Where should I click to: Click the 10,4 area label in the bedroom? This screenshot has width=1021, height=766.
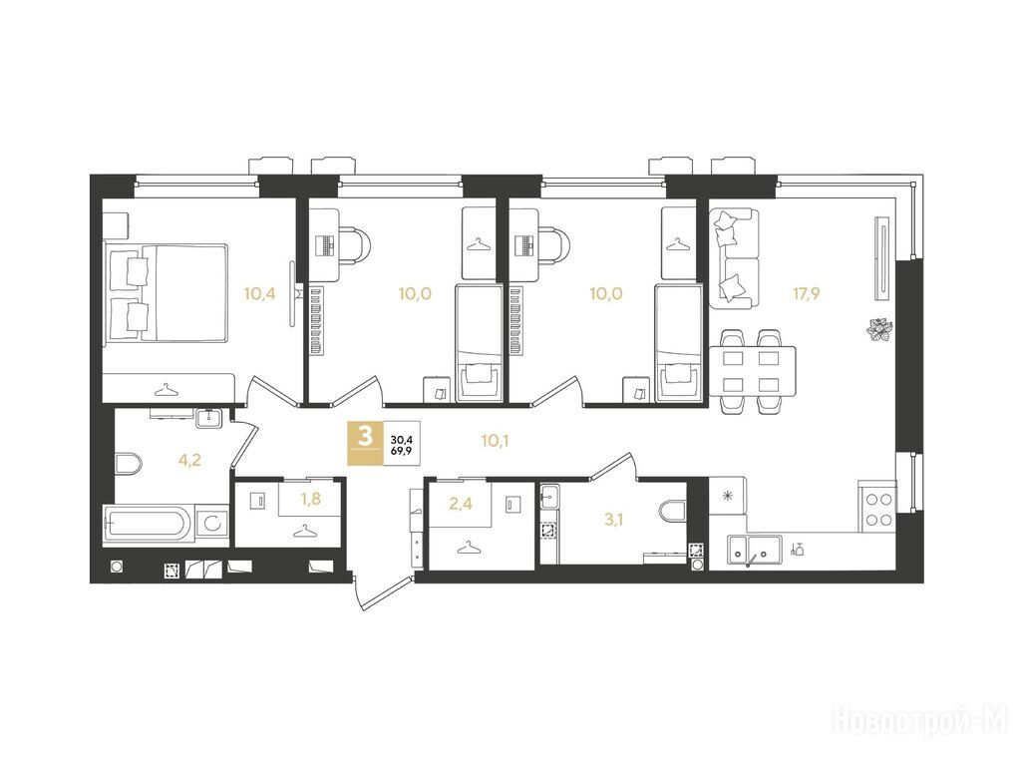click(260, 294)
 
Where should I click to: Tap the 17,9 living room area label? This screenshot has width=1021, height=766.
click(806, 294)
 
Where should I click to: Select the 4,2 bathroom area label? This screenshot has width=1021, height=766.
click(189, 461)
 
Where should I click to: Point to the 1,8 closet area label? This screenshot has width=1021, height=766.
click(311, 499)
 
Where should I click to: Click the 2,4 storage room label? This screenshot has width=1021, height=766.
click(461, 503)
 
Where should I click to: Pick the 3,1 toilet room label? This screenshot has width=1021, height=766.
click(613, 519)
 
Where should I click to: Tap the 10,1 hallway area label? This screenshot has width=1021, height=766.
click(495, 441)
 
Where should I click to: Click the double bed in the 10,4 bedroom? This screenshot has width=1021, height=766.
click(167, 292)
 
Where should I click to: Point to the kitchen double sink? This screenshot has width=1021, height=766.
click(756, 552)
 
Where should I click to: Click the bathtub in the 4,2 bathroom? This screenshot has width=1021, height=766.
click(149, 523)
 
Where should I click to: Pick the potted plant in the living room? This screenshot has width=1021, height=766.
click(879, 327)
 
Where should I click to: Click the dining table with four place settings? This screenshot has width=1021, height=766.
click(752, 371)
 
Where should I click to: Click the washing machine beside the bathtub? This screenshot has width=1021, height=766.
click(212, 523)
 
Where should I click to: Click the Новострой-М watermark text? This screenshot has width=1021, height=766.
click(920, 721)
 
